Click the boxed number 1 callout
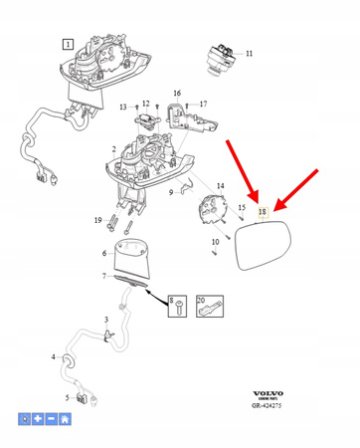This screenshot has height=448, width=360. point(67,45)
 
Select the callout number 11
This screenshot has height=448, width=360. point(249,53)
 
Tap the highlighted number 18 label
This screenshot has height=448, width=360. point(263,212)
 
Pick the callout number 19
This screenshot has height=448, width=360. point(97,219)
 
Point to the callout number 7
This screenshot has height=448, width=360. point(105,278)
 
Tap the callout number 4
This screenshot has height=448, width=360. point(54,356)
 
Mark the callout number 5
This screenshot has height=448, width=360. point(67,398)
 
